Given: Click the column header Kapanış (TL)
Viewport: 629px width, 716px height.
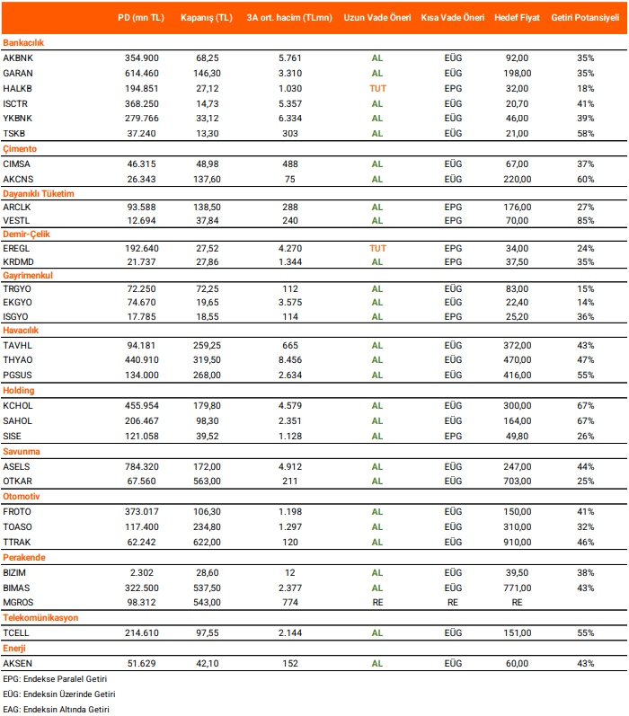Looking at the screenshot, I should click(x=206, y=17).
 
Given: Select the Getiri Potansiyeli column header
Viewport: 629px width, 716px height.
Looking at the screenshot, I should click(x=586, y=17).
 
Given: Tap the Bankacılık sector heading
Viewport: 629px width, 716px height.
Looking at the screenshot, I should click(x=23, y=42).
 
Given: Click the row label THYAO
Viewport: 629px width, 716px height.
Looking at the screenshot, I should click(x=18, y=359).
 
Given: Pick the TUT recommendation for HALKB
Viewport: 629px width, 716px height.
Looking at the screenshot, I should click(x=377, y=88).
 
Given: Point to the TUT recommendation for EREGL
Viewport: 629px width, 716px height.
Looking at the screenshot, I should click(x=377, y=247).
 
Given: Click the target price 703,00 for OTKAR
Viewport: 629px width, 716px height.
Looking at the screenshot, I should click(x=518, y=481).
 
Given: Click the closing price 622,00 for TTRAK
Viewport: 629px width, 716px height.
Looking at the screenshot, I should click(x=207, y=542).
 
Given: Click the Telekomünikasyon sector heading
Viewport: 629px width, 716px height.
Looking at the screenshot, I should click(x=40, y=618).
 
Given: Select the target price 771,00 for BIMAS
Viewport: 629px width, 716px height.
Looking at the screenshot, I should click(x=518, y=587).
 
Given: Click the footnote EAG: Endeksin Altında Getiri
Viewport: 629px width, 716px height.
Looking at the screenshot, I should click(x=56, y=709).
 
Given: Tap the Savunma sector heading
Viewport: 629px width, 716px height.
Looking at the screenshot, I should click(x=22, y=452).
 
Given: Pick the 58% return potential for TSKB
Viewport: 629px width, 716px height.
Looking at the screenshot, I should click(x=586, y=133).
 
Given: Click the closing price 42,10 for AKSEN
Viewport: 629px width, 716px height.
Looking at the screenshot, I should click(x=207, y=663).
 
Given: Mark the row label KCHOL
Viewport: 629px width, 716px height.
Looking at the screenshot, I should click(x=18, y=405).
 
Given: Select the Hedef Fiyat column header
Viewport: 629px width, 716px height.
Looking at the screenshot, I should click(x=518, y=17).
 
